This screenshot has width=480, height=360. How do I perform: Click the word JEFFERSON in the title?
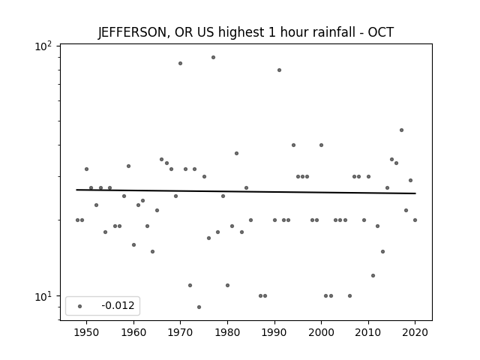click(133, 32)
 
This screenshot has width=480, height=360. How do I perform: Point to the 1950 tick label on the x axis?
click(87, 332)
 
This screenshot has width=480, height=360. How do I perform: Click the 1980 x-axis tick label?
click(227, 332)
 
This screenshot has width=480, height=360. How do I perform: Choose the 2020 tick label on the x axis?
click(415, 332)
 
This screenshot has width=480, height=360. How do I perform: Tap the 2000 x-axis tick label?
click(321, 332)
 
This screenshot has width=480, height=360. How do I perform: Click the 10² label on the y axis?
click(43, 46)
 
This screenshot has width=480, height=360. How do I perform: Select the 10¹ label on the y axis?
click(43, 297)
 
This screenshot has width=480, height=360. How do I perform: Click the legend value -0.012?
click(118, 305)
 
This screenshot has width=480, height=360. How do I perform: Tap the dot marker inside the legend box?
click(80, 306)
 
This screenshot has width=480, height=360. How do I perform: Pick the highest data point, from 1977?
click(213, 58)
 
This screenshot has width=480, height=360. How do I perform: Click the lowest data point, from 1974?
click(199, 307)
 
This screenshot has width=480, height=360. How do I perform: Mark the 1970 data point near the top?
click(180, 63)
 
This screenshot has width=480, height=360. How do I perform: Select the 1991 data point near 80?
click(279, 70)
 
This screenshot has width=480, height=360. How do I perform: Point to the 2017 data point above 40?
click(402, 130)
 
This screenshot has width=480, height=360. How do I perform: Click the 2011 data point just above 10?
click(373, 275)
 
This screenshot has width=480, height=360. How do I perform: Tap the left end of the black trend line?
click(76, 190)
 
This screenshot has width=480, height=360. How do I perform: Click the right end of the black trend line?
click(415, 193)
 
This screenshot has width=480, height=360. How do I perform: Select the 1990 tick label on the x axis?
click(274, 332)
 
